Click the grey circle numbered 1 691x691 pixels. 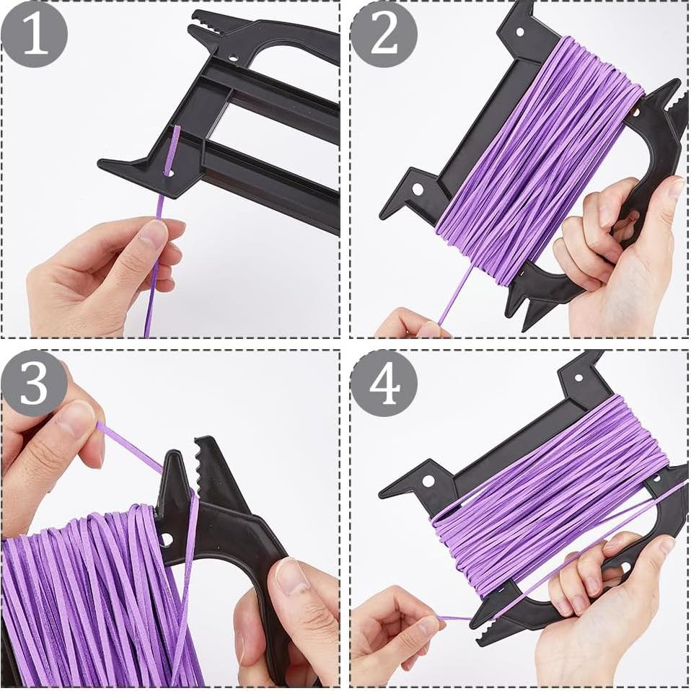[x=34, y=34]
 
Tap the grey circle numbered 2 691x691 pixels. [x=384, y=34]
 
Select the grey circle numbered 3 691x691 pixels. [x=34, y=384]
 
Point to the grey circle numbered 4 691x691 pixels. [x=384, y=384]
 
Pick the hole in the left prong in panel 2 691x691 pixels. [x=418, y=189]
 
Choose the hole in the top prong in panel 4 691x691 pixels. [x=578, y=376]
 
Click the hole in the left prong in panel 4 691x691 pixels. [x=428, y=480]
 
